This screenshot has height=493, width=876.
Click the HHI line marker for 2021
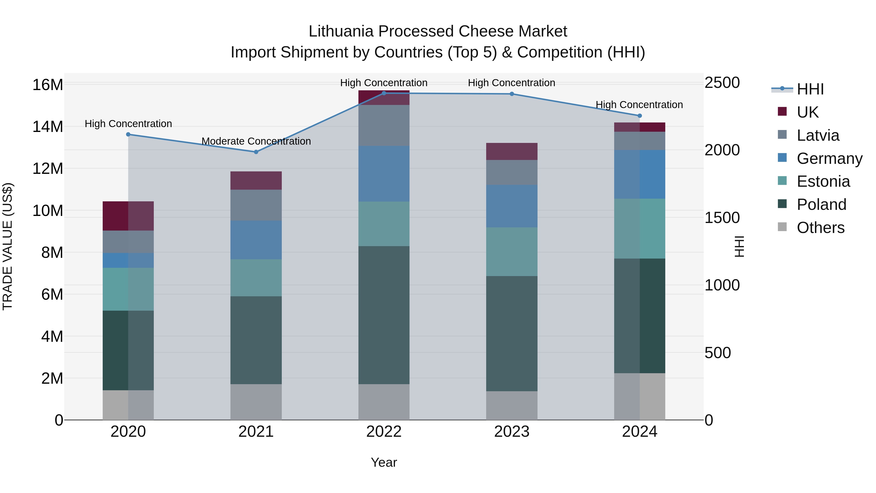click(256, 152)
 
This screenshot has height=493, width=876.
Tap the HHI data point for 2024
click(639, 116)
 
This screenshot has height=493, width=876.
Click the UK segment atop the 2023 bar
click(511, 151)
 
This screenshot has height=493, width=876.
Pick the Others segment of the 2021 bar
click(256, 402)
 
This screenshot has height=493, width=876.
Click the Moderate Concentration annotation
click(256, 141)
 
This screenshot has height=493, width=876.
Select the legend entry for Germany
click(829, 158)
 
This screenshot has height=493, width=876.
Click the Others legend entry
click(820, 227)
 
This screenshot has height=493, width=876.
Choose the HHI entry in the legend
click(810, 89)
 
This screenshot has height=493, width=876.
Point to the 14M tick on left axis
click(48, 127)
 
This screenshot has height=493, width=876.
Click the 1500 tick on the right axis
click(722, 217)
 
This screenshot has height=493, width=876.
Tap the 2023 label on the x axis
click(511, 431)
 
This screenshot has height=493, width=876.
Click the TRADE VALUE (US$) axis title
click(8, 246)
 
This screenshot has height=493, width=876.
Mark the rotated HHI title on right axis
click(739, 246)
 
